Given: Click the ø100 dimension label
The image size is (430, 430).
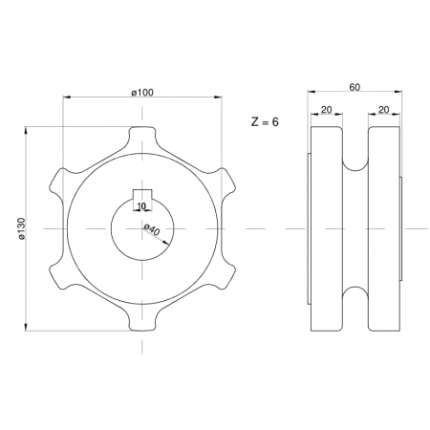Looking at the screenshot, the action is click(142, 93).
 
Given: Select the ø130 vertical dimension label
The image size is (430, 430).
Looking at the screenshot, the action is click(21, 228).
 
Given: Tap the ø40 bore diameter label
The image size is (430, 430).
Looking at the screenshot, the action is click(152, 229).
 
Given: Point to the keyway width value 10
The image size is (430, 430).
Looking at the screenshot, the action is click(141, 206).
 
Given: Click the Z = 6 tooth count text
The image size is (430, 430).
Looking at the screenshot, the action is click(265, 121).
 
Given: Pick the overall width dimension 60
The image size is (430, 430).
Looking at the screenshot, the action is click(355, 87).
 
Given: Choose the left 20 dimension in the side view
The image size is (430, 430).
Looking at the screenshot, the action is click(326, 110).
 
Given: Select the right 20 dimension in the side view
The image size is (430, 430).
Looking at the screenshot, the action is click(383, 110).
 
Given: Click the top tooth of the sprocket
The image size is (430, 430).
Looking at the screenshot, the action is click(142, 134).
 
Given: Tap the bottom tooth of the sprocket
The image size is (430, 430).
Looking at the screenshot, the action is click(142, 323).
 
